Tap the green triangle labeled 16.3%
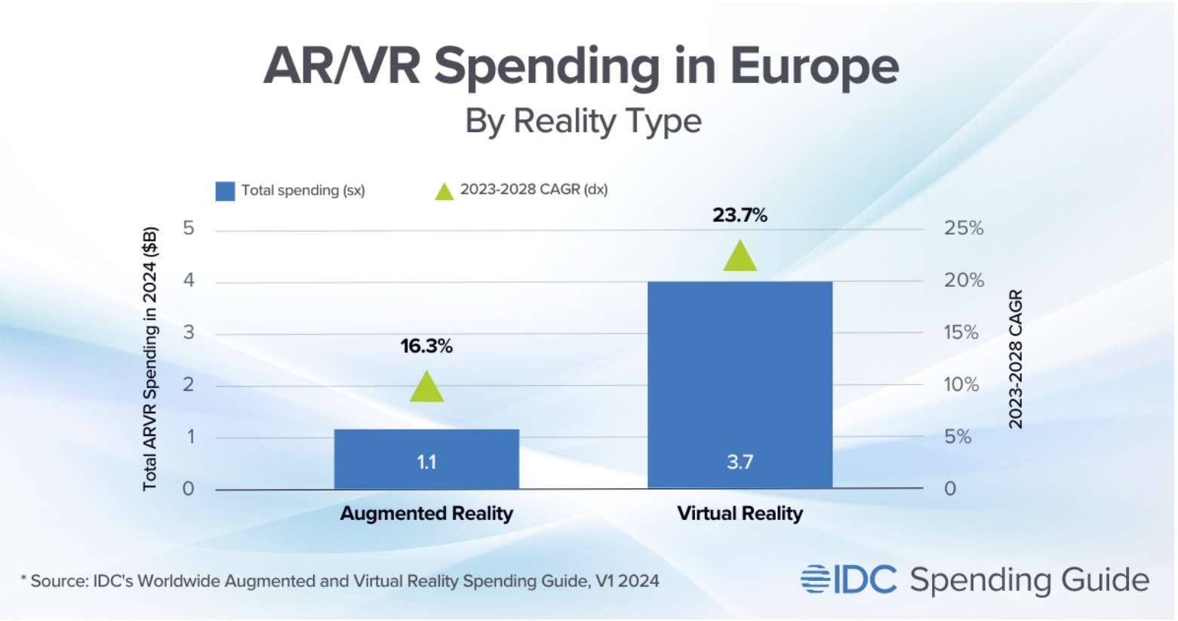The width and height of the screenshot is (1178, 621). tap(426, 388)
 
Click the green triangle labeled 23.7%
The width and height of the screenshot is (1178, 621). tap(740, 257)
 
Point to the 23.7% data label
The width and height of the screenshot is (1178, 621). tap(740, 215)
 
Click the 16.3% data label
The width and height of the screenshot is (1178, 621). tap(426, 346)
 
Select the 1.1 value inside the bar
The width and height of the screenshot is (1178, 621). tap(426, 462)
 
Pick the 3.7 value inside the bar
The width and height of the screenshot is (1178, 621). tap(740, 462)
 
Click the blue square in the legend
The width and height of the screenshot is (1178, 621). tap(225, 191)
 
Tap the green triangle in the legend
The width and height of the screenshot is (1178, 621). tap(444, 192)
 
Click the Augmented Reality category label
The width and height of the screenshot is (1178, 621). tap(426, 514)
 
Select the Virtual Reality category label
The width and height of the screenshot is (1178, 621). tap(740, 514)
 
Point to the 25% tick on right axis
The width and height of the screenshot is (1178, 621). tap(964, 229)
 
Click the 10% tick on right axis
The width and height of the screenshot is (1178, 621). tap(961, 385)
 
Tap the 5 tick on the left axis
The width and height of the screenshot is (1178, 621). tap(189, 228)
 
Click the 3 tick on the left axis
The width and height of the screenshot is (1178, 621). tap(189, 332)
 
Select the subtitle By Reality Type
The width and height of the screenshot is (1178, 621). tap(583, 121)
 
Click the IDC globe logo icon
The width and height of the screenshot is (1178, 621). tap(815, 579)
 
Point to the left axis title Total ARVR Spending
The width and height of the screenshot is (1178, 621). tap(150, 358)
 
